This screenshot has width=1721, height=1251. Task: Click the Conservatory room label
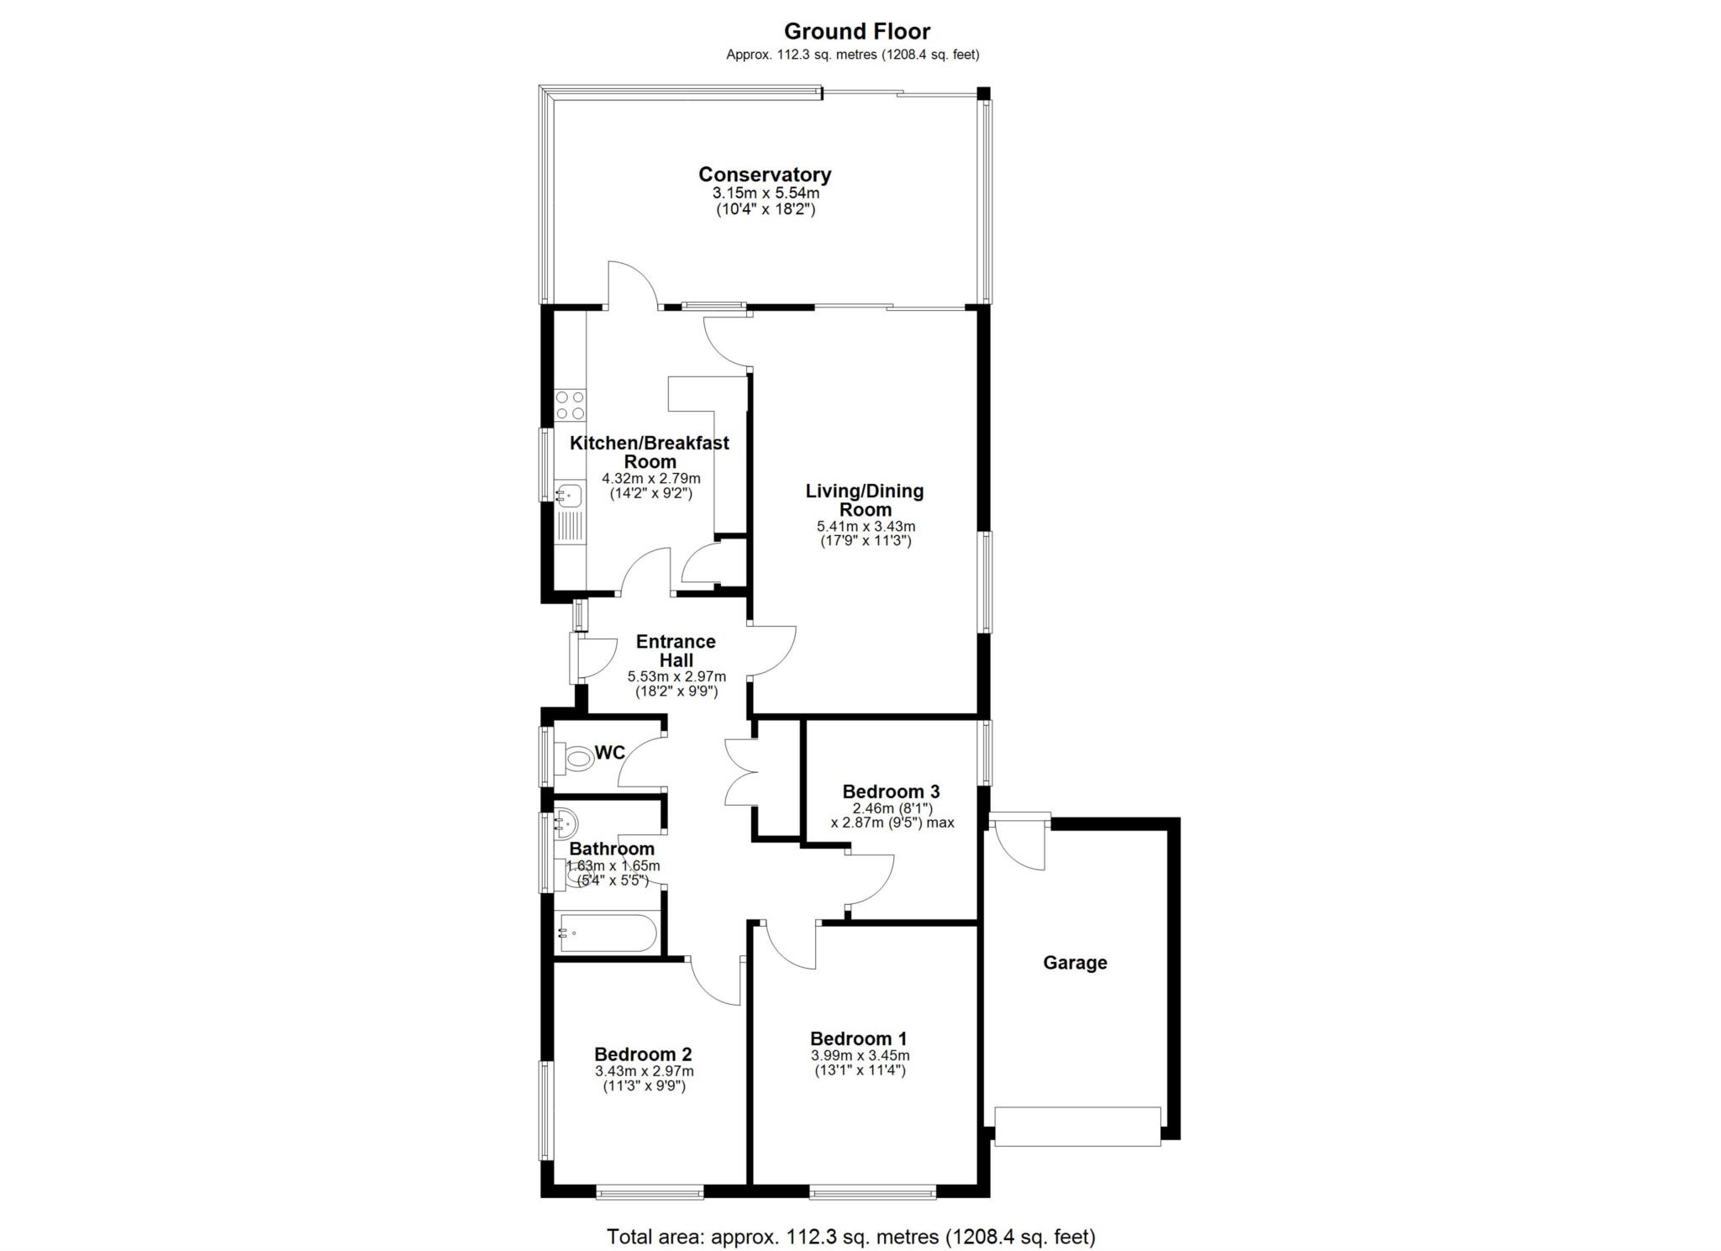pyautogui.click(x=764, y=175)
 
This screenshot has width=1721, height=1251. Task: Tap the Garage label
pyautogui.click(x=1075, y=963)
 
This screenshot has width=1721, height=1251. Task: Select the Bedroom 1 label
pyautogui.click(x=858, y=1039)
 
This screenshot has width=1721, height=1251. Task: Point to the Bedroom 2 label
pyautogui.click(x=643, y=1054)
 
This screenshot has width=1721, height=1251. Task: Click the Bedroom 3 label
pyautogui.click(x=891, y=791)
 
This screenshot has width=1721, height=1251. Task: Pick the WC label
pyautogui.click(x=610, y=753)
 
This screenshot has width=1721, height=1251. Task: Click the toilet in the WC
pyautogui.click(x=577, y=759)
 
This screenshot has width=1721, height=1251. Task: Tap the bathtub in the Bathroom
pyautogui.click(x=608, y=933)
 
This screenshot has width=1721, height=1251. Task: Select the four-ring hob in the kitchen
pyautogui.click(x=571, y=405)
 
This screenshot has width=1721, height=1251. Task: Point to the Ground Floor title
pyautogui.click(x=857, y=32)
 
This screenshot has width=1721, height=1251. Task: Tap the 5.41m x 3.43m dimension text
pyautogui.click(x=866, y=527)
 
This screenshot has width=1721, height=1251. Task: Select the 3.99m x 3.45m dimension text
pyautogui.click(x=860, y=1056)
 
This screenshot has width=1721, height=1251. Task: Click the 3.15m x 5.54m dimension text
pyautogui.click(x=765, y=193)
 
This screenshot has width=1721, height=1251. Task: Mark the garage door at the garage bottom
pyautogui.click(x=1077, y=1127)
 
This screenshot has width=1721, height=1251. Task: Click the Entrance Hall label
pyautogui.click(x=676, y=650)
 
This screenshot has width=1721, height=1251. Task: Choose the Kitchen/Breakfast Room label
pyautogui.click(x=650, y=452)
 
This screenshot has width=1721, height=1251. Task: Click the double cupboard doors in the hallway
pyautogui.click(x=742, y=772)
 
